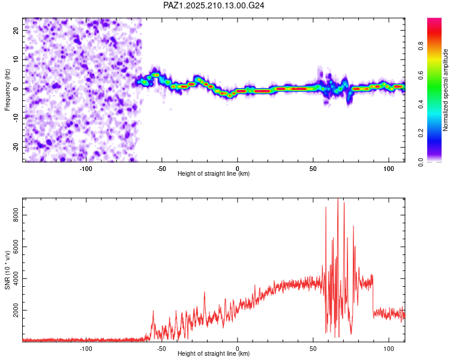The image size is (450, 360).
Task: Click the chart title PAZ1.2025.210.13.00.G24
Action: tap(214, 5)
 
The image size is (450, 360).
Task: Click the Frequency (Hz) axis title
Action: tap(7, 90)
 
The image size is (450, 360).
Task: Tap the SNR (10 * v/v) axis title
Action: tap(7, 270)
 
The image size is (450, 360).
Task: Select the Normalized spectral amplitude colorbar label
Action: tap(445, 90)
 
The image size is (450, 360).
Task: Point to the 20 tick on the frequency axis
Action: tap(16, 30)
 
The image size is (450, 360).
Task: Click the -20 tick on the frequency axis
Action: tap(16, 147)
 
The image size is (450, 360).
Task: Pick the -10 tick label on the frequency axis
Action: tap(16, 118)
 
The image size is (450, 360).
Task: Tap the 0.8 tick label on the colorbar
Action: tap(421, 46)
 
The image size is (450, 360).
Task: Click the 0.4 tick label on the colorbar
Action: tap(421, 104)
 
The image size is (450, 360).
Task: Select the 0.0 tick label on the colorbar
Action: tap(421, 162)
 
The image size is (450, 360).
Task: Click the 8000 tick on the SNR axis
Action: tap(16, 215)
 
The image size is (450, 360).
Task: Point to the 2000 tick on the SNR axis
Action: tap(16, 310)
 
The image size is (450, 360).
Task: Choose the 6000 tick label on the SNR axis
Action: tap(16, 247)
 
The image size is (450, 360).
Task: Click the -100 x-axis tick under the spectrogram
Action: tap(86, 169)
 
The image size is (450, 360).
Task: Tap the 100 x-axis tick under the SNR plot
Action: tap(389, 349)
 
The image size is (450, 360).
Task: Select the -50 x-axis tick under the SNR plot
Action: tap(161, 349)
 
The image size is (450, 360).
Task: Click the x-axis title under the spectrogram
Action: tap(214, 173)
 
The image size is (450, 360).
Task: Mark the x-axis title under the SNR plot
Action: tap(214, 353)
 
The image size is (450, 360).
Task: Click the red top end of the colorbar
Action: tap(434, 20)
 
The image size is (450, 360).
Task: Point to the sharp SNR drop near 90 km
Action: tap(373, 296)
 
